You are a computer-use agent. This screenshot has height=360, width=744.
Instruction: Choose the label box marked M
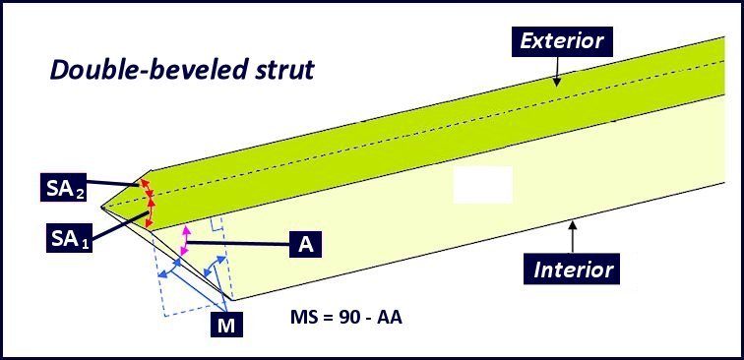pyautogui.click(x=225, y=323)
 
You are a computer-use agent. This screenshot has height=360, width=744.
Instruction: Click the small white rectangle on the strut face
pyautogui.click(x=482, y=185)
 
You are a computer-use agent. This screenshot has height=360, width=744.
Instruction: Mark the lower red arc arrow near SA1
pyautogui.click(x=151, y=214)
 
